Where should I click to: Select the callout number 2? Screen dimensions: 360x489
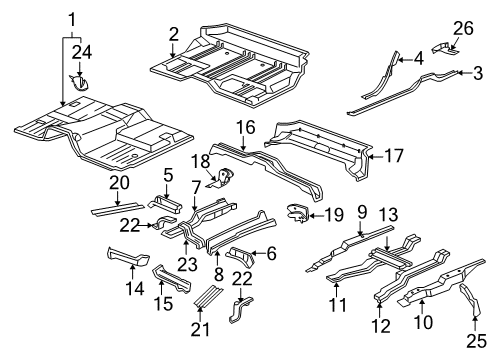[173, 35]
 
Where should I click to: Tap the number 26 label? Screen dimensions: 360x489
[460, 27]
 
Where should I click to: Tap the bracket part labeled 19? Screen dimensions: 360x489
[297, 210]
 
